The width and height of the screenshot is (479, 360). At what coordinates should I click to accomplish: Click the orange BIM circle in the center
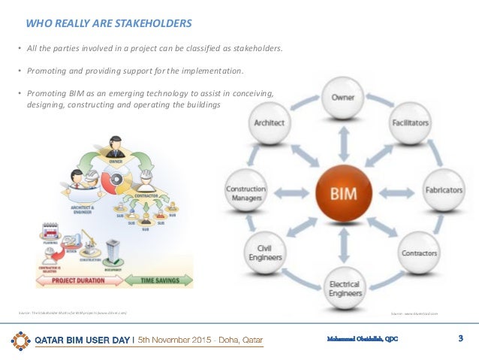342,193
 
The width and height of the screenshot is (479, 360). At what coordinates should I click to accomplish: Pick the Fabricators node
444,191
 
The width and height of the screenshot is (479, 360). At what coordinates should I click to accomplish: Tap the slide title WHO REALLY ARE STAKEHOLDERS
108,24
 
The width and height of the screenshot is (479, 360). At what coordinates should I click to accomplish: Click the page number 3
460,339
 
